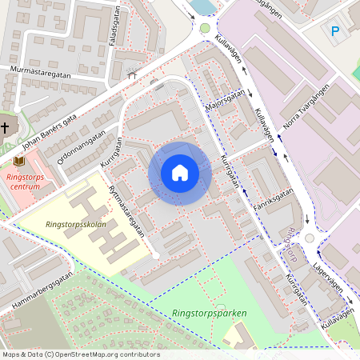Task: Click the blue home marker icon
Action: (x=180, y=173)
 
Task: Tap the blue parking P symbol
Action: (x=335, y=30)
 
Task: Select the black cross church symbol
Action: (x=5, y=126)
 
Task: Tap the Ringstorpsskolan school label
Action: (x=76, y=225)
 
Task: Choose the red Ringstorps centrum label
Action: (x=25, y=180)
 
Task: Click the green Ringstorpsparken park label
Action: (x=209, y=313)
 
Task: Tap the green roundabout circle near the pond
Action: (x=205, y=28)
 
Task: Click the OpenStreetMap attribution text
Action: (x=81, y=354)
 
